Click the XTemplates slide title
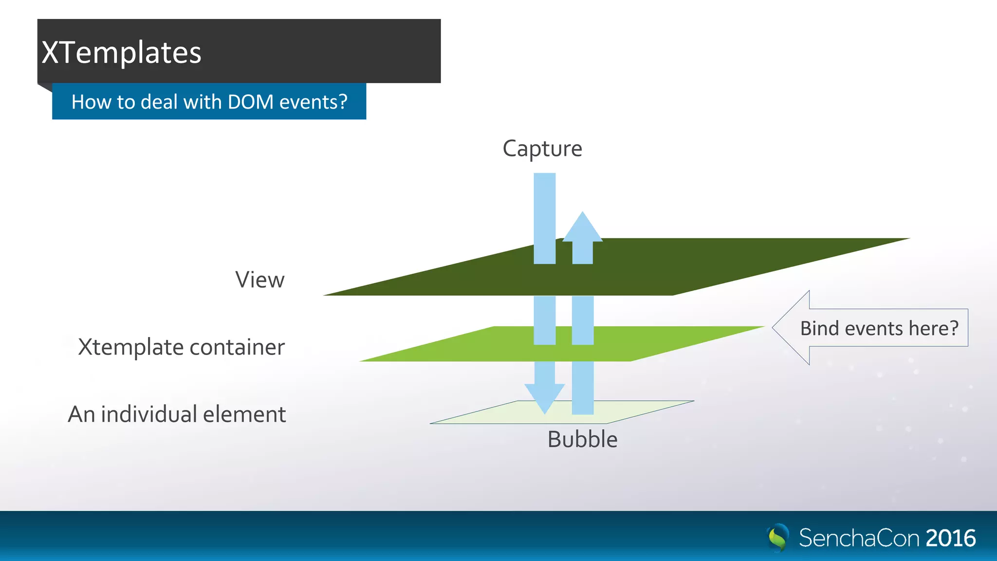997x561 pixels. click(121, 53)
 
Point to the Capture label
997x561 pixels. click(542, 149)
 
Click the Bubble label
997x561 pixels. click(582, 439)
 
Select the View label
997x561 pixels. click(259, 280)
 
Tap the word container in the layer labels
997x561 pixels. click(237, 348)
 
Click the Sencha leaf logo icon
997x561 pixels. click(778, 538)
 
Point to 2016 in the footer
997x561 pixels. click(950, 539)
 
